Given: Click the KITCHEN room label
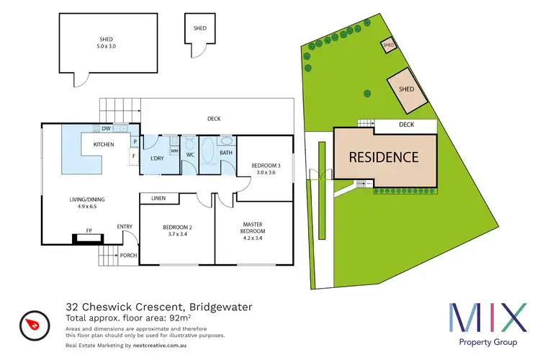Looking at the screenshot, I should pos(104,145).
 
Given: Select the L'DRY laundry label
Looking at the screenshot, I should pos(158,158).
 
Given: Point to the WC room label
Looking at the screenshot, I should pos(190,154).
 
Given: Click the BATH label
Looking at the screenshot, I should pos(225,153).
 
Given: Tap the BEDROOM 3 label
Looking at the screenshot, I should pos(265,166).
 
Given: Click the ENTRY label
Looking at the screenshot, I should pos(125,228).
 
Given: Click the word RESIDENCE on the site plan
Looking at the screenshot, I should pos(384,156).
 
